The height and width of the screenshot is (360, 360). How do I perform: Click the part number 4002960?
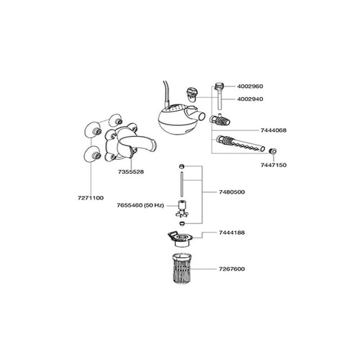coord(250,86)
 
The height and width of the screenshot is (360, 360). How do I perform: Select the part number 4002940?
coord(250,99)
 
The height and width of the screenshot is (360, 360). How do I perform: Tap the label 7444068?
coord(274,130)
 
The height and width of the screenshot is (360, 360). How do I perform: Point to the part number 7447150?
coord(274,165)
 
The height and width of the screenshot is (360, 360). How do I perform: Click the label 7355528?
coord(131,172)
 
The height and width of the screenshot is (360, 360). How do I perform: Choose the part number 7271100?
coord(91,198)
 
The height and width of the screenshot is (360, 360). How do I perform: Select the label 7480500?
coord(232,192)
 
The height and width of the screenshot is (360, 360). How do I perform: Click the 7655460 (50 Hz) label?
coord(140,205)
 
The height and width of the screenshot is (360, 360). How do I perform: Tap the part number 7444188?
coord(232,233)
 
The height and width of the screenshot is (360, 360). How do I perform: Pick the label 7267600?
coord(232,269)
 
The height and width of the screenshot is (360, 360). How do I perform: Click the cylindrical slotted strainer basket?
coord(182,269)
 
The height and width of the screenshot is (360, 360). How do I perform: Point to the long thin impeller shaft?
coord(181,184)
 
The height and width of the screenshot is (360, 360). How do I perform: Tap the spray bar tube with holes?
coord(240,143)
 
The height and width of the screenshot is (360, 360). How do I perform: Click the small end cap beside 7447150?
coord(273,151)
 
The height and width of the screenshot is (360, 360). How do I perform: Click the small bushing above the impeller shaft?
coord(181,166)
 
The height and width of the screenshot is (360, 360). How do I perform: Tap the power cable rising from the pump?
coord(166,94)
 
